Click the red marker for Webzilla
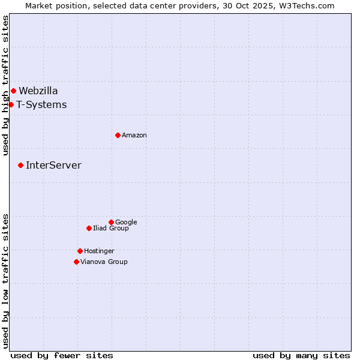click(x=13, y=91)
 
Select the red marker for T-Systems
click(x=11, y=105)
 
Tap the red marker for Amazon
click(x=118, y=136)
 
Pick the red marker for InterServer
click(x=20, y=165)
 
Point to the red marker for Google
click(x=111, y=223)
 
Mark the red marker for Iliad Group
click(x=89, y=229)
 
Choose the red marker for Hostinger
click(x=80, y=251)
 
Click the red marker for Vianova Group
click(x=76, y=262)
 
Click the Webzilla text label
click(x=38, y=91)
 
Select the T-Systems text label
click(x=41, y=105)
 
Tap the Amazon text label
click(x=134, y=136)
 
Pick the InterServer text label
click(x=53, y=166)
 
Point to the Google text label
click(x=126, y=223)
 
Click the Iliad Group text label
click(x=111, y=229)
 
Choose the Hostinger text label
click(x=99, y=251)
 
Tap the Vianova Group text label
click(x=104, y=262)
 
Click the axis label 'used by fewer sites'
click(x=62, y=356)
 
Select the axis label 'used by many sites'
click(x=301, y=356)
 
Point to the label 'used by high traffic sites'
click(x=5, y=85)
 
